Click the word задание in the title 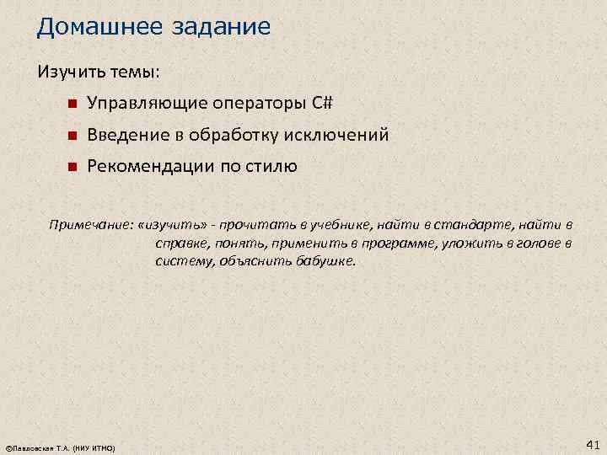[x=225, y=27]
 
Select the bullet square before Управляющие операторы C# [x=73, y=104]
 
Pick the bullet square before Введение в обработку [x=73, y=136]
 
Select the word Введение [x=127, y=135]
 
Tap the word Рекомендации [x=150, y=166]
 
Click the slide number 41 [x=592, y=443]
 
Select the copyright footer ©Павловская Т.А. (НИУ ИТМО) [x=60, y=447]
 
